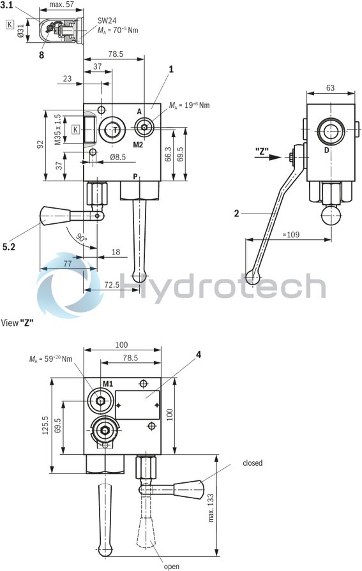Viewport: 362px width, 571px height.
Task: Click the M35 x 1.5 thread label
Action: [x=57, y=130]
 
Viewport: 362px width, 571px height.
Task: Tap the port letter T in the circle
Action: [x=116, y=130]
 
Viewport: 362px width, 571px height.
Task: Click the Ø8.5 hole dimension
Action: [x=117, y=156]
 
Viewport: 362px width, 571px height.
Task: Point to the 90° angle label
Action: [x=80, y=237]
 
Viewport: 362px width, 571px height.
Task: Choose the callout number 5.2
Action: [x=10, y=246]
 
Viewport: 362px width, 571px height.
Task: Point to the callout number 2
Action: [x=236, y=214]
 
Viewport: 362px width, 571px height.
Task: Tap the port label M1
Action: [x=109, y=383]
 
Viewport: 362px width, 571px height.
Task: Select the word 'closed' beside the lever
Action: [x=252, y=463]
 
